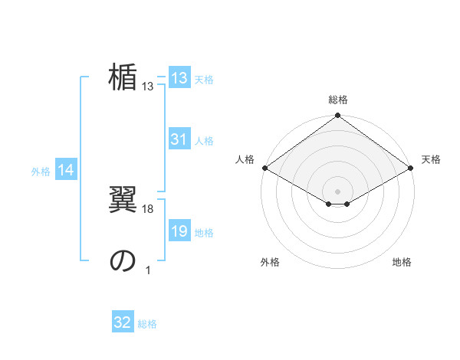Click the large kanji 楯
(123, 78)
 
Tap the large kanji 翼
(123, 200)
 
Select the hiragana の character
(123, 261)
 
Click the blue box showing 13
(179, 78)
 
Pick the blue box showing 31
(179, 139)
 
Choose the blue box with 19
(179, 231)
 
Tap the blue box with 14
(66, 170)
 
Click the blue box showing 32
(123, 322)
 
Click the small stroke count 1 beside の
(148, 270)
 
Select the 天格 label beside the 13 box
(203, 80)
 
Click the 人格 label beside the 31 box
(203, 141)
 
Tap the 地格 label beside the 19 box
(203, 233)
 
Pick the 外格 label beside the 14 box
(41, 172)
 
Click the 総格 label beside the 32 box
(147, 324)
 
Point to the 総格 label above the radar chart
(338, 100)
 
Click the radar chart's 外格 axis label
(270, 262)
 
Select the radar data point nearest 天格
(411, 168)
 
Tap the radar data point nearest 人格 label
(264, 168)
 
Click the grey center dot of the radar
(338, 191)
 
